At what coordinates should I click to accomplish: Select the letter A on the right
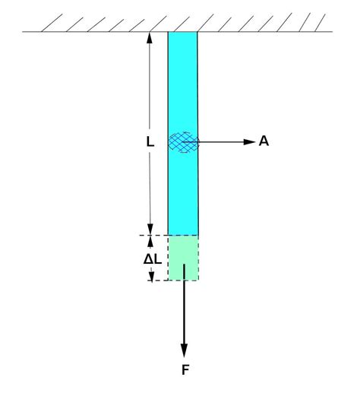click(264, 141)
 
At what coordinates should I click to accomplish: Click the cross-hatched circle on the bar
click(183, 141)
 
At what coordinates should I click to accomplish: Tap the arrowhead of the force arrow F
click(183, 350)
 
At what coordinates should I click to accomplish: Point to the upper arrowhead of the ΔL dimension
click(151, 240)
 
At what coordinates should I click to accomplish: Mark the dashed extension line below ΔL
click(159, 280)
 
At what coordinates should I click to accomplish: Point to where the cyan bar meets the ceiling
click(183, 32)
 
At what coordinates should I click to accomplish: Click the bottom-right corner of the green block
click(198, 280)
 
